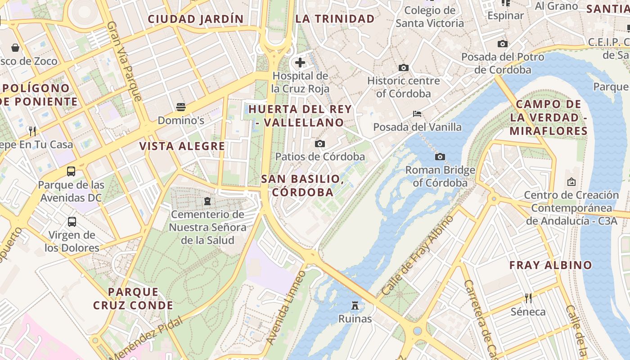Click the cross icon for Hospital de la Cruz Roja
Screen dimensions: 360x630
tap(300, 62)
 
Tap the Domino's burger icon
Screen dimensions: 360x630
tap(181, 107)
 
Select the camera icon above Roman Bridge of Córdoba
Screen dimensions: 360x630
tap(440, 157)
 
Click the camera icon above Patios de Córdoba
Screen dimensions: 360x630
tap(320, 144)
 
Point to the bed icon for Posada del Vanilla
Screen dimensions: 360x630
tap(417, 113)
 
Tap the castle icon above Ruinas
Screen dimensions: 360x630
tap(355, 306)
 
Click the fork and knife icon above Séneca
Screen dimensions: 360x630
tap(528, 298)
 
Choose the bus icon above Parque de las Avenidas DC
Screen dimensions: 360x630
tap(71, 171)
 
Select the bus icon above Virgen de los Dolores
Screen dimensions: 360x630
tap(72, 221)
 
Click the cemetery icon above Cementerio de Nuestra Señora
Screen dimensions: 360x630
tap(207, 201)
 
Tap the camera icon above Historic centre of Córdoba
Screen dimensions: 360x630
tap(404, 67)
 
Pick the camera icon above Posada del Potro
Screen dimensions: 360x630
tap(503, 44)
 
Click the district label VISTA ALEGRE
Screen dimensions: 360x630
tap(182, 146)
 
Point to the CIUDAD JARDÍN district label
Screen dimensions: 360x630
tap(196, 19)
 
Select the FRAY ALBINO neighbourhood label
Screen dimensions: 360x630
tap(550, 265)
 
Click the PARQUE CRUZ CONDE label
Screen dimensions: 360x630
tap(133, 299)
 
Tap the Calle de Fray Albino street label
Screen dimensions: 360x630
tap(417, 256)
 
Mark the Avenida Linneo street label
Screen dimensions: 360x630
tap(286, 308)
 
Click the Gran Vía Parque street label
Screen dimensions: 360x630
tap(124, 61)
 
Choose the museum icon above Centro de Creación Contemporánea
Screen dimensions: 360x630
tap(571, 182)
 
